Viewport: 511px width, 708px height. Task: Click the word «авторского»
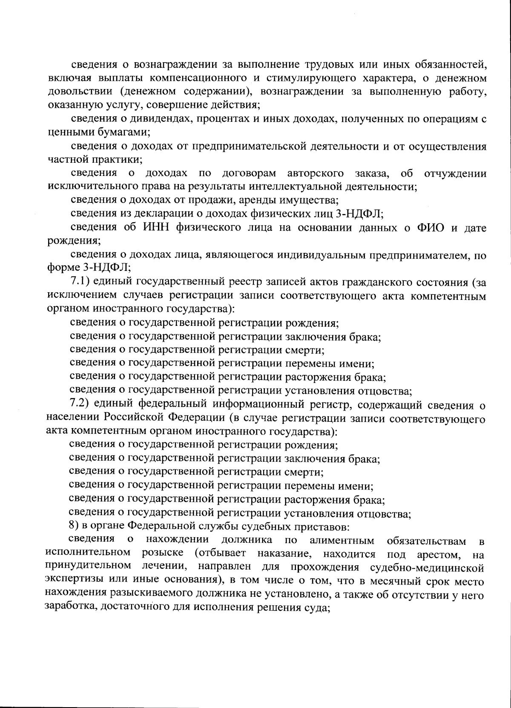(316, 173)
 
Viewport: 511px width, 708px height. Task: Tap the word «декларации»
(164, 213)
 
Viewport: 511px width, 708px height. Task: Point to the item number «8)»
(74, 527)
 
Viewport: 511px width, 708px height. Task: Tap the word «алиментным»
(342, 541)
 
